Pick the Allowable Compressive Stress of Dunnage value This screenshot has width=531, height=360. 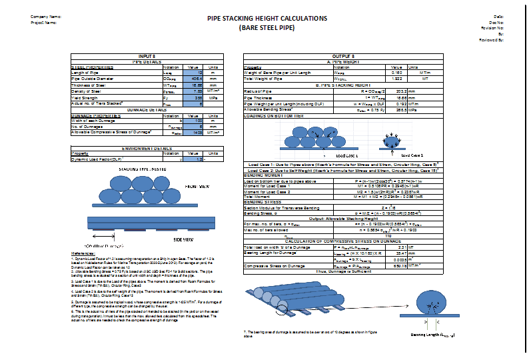[x=193, y=133]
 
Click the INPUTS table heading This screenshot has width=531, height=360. [x=147, y=57]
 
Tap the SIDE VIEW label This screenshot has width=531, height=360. [x=183, y=239]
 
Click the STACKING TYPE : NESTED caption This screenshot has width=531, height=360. [x=141, y=171]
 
